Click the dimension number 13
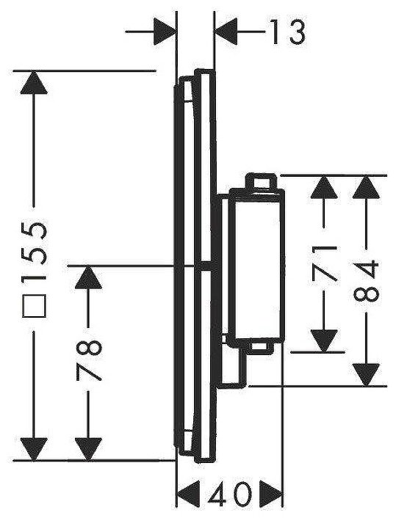[287, 32]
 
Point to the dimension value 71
[324, 263]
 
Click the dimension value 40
[230, 495]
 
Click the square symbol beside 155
[33, 305]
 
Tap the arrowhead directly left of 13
[226, 32]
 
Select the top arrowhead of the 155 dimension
[34, 82]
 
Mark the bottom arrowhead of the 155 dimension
[34, 448]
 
